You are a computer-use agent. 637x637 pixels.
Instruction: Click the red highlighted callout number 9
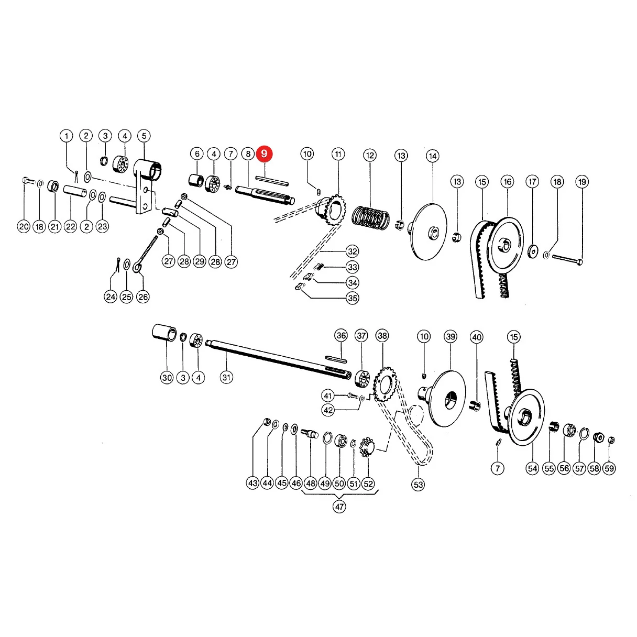pos(264,153)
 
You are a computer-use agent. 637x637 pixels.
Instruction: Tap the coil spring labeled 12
pos(370,218)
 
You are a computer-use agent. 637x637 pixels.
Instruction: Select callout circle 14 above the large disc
pos(433,156)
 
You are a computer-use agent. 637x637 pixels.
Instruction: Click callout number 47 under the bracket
pos(339,507)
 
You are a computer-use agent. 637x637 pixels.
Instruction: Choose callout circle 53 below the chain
pos(418,485)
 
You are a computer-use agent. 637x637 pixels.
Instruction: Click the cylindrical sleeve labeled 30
pos(164,333)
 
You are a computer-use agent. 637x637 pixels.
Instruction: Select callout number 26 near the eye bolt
pos(143,296)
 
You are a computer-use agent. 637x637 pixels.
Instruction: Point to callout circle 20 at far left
pos(24,226)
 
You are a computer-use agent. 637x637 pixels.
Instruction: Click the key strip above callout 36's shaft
pos(336,359)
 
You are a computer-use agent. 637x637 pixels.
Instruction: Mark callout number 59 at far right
pos(609,468)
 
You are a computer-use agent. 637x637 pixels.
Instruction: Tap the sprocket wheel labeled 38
pos(385,385)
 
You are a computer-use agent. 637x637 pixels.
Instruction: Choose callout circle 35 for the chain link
pos(353,298)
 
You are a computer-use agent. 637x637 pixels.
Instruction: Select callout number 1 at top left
pos(67,136)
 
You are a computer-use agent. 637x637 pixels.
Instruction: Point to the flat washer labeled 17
pos(533,251)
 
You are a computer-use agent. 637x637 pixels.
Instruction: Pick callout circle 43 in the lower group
pos(253,483)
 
